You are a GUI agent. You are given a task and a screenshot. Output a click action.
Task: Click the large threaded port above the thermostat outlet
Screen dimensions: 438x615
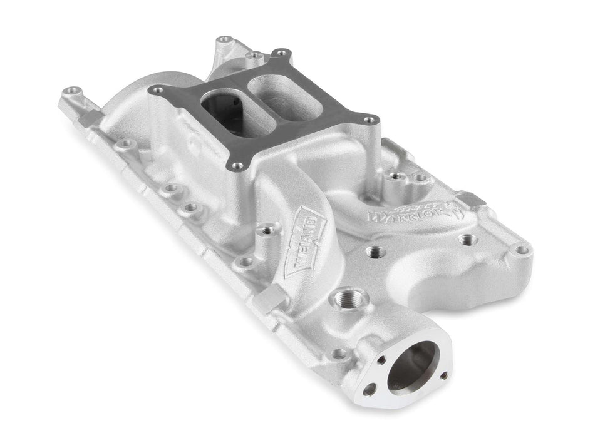tap(345, 298)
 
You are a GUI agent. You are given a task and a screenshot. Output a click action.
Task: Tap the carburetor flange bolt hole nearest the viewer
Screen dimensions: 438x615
tap(237, 166)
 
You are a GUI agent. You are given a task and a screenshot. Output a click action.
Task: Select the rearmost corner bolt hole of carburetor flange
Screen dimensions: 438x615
tap(281, 53)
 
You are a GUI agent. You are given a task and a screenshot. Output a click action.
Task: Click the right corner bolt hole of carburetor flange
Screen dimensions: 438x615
tap(370, 120)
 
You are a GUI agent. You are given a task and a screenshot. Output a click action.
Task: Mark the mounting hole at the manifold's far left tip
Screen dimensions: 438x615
tap(73, 91)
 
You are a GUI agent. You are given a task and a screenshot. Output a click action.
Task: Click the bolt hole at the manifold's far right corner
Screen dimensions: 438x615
tap(520, 250)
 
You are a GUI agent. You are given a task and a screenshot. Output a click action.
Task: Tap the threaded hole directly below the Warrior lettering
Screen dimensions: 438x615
tap(375, 252)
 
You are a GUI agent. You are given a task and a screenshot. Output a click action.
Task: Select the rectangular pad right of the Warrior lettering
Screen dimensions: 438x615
tap(472, 200)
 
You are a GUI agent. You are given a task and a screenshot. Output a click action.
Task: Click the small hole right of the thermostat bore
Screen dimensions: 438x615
tap(443, 375)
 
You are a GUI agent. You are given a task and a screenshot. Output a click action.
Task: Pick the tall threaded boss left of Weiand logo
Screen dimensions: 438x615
tap(266, 230)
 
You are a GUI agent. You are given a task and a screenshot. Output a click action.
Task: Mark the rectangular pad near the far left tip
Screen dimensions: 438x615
tap(90, 118)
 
